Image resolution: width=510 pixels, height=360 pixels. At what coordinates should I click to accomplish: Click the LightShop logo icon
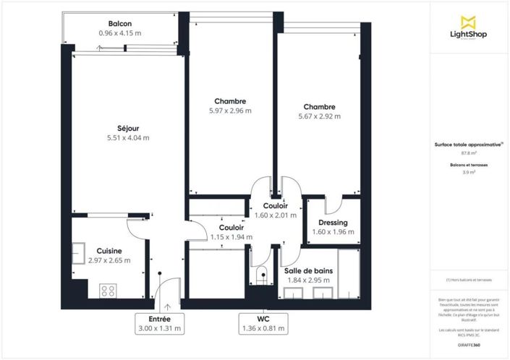point(469,22)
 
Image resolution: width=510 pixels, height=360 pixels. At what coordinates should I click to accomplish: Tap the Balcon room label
point(119,24)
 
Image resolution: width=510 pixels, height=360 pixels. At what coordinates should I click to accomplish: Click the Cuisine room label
point(95,251)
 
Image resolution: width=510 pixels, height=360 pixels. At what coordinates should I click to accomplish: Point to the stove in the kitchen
point(109,291)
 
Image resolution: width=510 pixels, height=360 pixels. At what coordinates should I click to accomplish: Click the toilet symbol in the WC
point(261,275)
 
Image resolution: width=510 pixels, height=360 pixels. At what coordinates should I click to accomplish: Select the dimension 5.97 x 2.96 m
point(230,111)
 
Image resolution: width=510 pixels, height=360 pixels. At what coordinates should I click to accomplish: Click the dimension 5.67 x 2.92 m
point(319,116)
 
